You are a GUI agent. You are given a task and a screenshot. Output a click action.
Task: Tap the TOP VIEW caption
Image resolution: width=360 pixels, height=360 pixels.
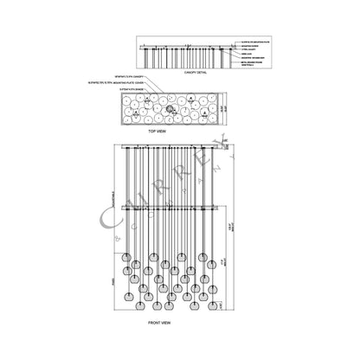pyautogui.click(x=156, y=131)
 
